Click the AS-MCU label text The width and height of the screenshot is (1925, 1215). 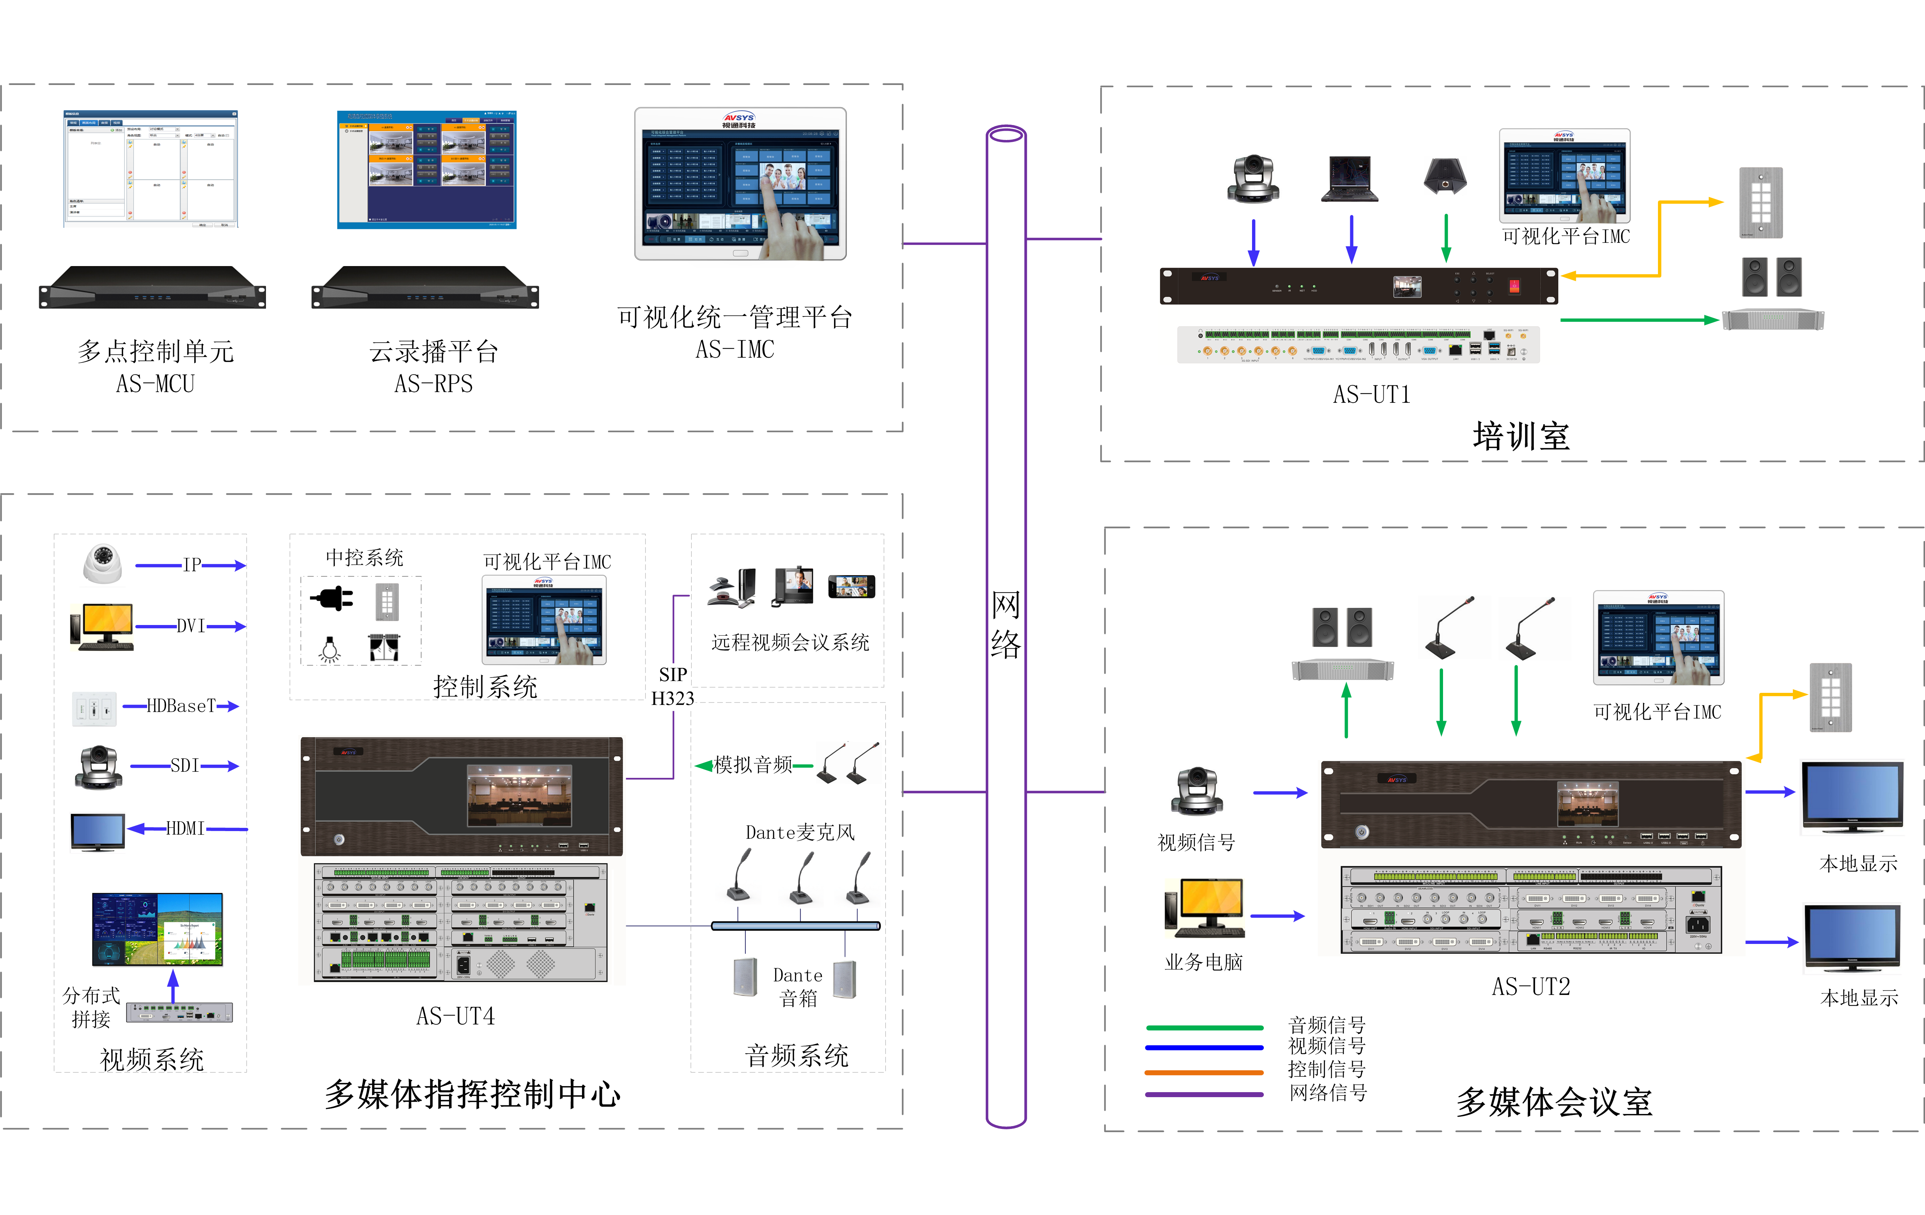tap(155, 384)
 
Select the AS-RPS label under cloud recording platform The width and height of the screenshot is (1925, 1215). tap(433, 384)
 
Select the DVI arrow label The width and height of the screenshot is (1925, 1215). tap(191, 625)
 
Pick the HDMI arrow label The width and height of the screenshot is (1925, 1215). tap(185, 829)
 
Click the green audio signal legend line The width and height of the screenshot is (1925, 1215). tap(1204, 1027)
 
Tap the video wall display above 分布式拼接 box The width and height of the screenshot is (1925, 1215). tap(157, 929)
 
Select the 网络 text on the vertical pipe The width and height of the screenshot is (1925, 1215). tap(1006, 624)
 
